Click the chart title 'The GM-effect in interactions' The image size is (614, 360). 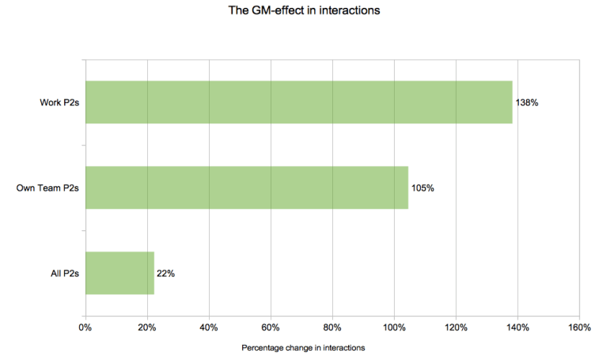tap(307, 12)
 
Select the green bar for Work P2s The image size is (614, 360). tap(298, 102)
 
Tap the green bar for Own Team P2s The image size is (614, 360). tap(246, 188)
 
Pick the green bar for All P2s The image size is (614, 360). tap(119, 273)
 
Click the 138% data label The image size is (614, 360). tap(527, 103)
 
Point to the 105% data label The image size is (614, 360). tap(423, 188)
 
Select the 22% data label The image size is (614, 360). tap(165, 274)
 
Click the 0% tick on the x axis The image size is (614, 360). tap(85, 328)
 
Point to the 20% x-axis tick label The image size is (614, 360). tap(147, 328)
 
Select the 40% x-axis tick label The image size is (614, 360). tap(209, 328)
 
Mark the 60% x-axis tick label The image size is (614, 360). tap(271, 328)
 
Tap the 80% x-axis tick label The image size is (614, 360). tap(332, 328)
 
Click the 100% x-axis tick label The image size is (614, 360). tap(394, 328)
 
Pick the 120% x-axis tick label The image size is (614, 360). tap(456, 328)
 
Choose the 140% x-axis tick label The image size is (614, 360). tap(517, 328)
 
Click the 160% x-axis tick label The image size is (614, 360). tap(579, 328)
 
